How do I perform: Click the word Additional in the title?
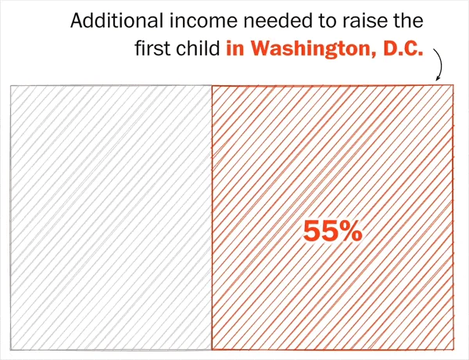click(x=109, y=20)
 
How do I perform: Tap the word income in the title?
click(x=192, y=20)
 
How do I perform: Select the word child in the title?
click(x=199, y=49)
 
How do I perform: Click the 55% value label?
click(x=332, y=231)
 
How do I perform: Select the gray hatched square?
click(x=110, y=216)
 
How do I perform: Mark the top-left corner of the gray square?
click(x=10, y=86)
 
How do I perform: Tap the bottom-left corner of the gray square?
click(x=10, y=348)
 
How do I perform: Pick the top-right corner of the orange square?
click(x=453, y=85)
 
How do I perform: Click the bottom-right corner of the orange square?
click(x=453, y=348)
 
